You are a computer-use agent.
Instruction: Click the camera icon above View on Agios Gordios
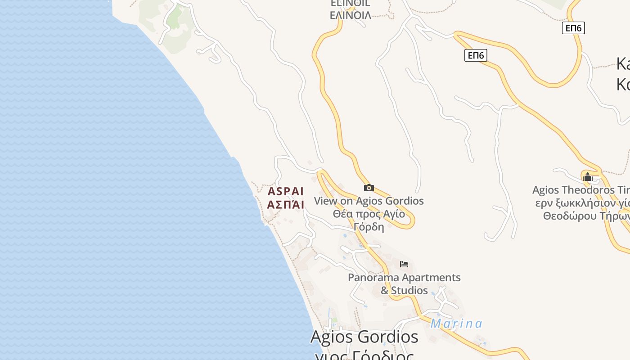369,188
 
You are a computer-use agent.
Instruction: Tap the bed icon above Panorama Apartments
404,264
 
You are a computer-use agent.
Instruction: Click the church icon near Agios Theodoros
587,177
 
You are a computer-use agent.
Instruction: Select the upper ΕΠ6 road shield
573,28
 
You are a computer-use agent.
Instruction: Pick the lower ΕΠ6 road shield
476,55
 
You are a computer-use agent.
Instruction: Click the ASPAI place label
286,191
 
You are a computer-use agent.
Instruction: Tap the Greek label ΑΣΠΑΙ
286,205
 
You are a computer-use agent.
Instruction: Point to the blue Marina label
456,324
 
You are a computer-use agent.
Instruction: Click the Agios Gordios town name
364,337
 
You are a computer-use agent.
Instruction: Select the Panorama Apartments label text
404,278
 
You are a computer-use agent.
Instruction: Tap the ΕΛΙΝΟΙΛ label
351,15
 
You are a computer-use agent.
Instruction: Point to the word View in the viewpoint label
325,201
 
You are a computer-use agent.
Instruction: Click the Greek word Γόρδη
369,226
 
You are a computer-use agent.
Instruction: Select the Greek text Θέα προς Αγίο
369,214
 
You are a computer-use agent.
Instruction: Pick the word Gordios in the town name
391,337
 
